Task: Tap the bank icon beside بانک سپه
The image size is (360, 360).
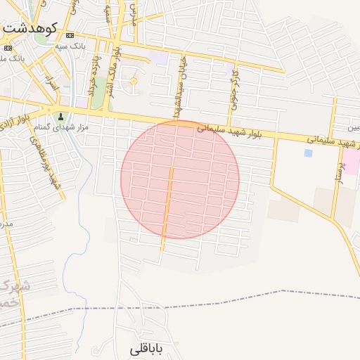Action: [69, 36]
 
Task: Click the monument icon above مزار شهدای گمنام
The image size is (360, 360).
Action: [60, 117]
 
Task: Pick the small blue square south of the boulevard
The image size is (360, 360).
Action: [308, 153]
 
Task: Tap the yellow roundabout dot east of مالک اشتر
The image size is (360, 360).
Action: [133, 82]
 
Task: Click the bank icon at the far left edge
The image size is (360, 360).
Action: [8, 48]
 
